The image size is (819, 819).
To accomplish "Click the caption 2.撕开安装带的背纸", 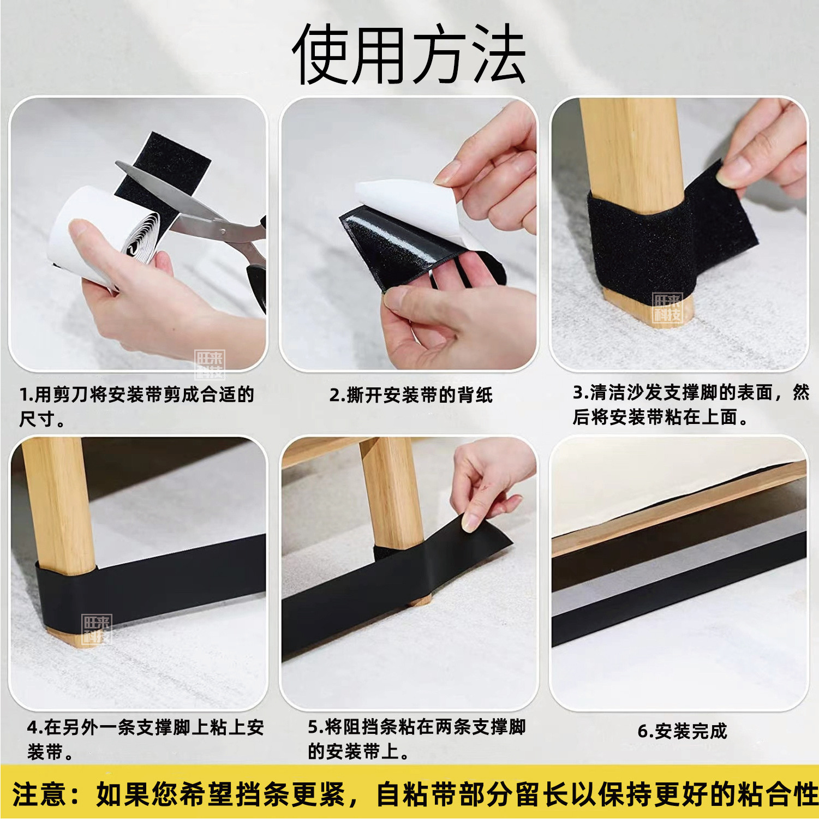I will coord(411,394).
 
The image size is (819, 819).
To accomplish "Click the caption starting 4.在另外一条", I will coord(145,739).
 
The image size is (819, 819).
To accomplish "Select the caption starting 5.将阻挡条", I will coord(416,739).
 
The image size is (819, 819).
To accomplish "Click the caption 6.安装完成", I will coord(682,731).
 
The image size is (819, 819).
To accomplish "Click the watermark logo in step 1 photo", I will coord(210,364).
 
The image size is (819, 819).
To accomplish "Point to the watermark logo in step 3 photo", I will coord(667,308).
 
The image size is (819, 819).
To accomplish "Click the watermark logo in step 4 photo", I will coord(96,629).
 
